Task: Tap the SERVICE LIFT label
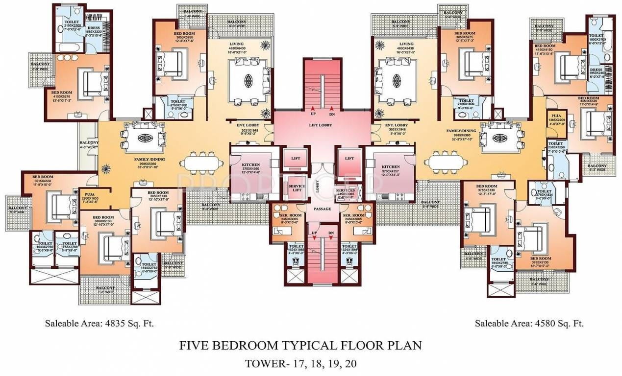(297, 188)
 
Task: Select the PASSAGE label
(322, 209)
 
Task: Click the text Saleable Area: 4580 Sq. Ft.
(529, 324)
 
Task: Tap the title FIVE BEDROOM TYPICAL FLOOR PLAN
(300, 346)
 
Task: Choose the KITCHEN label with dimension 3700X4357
(391, 167)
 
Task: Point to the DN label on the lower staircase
(331, 233)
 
